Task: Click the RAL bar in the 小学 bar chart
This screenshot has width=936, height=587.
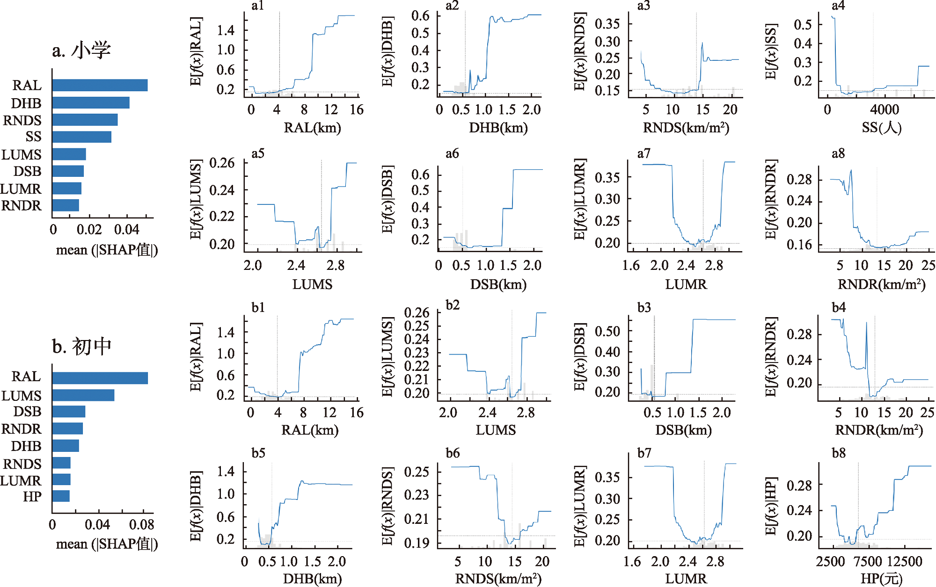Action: click(x=100, y=85)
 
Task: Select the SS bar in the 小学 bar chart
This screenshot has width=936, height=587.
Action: click(x=82, y=137)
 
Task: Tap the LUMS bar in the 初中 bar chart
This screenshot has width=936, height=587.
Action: click(x=83, y=395)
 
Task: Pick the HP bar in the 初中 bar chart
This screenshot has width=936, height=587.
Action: click(x=61, y=496)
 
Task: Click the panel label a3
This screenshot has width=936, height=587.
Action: click(x=643, y=6)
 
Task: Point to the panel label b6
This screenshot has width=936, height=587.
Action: click(x=453, y=453)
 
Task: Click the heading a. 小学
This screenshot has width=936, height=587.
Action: click(x=81, y=50)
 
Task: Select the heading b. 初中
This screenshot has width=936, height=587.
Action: click(x=81, y=347)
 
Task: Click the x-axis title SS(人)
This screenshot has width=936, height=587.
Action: click(x=881, y=128)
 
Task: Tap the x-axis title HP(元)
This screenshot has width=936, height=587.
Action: click(x=881, y=579)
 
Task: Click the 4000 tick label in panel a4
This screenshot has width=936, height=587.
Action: click(x=884, y=110)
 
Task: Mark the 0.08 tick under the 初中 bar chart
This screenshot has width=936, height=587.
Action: click(x=141, y=524)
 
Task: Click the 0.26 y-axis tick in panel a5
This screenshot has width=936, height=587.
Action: click(x=222, y=163)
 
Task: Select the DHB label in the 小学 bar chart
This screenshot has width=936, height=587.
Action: click(x=26, y=103)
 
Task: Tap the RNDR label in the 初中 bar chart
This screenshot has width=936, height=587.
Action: click(x=21, y=429)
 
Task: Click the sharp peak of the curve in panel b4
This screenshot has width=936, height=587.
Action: click(x=866, y=323)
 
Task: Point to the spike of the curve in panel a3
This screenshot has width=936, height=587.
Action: click(x=702, y=43)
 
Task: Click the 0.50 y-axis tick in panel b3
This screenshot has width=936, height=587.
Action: click(x=607, y=332)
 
